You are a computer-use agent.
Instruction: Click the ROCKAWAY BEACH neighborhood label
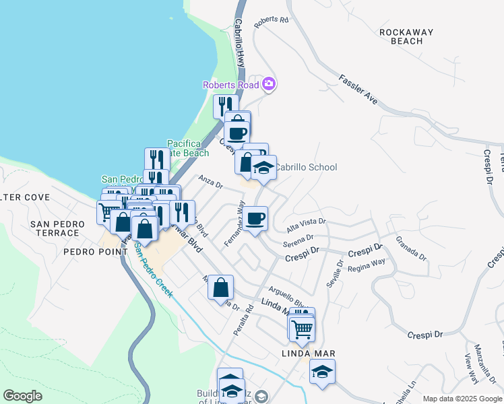tap(401, 36)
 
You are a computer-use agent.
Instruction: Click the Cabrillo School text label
tap(307, 167)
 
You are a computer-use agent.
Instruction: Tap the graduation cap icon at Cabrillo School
tap(264, 168)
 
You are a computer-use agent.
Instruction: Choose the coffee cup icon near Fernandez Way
tap(255, 219)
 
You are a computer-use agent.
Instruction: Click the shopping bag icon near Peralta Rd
tap(221, 288)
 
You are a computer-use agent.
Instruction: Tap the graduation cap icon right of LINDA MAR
tap(323, 372)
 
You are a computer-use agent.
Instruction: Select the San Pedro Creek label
tap(153, 271)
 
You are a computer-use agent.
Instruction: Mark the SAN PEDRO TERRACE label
tap(57, 228)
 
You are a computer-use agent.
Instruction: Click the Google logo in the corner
tap(22, 396)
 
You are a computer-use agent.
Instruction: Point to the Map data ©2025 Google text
tap(462, 399)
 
